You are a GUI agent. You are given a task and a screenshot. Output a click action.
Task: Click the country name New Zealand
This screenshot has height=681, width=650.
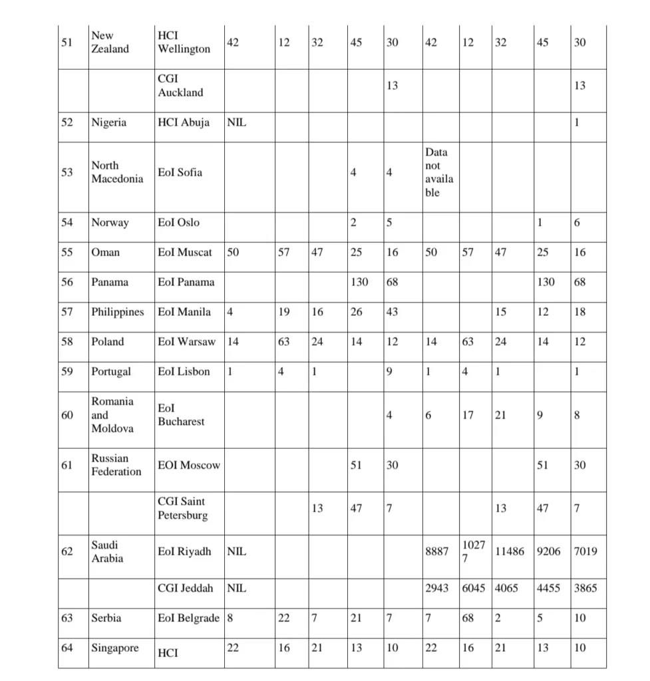click(x=110, y=43)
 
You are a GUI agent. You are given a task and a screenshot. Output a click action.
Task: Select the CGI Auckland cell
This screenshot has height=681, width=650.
click(x=180, y=86)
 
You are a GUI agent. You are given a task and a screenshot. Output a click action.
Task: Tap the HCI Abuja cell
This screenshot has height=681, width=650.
click(x=184, y=122)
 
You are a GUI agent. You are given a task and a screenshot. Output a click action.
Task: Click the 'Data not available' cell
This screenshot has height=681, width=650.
click(x=436, y=172)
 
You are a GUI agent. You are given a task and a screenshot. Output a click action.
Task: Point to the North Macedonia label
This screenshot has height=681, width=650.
click(x=117, y=172)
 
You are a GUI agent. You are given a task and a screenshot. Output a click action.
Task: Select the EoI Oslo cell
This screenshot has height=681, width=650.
click(x=178, y=222)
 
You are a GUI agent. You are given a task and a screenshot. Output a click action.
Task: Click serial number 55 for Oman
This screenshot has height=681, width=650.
click(x=67, y=252)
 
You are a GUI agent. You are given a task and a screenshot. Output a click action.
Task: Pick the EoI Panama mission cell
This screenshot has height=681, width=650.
click(x=186, y=282)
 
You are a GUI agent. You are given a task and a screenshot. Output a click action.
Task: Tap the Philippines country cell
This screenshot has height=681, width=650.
click(x=118, y=312)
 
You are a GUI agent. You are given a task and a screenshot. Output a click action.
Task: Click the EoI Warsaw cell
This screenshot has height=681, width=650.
click(x=187, y=342)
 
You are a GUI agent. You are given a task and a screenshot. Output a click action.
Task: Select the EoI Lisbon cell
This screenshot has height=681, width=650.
click(x=184, y=372)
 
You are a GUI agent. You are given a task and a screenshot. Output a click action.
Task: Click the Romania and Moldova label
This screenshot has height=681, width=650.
click(x=112, y=415)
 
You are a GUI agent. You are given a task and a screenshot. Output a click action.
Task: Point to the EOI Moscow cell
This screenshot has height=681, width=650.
click(x=189, y=466)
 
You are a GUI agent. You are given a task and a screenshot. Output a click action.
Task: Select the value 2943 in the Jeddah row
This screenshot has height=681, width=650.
click(x=436, y=588)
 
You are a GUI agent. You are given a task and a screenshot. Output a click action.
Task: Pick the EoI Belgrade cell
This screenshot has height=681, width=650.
click(x=188, y=618)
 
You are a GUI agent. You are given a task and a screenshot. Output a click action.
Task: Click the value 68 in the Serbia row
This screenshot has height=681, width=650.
click(x=468, y=618)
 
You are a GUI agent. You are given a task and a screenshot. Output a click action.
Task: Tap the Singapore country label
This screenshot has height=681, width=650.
click(x=115, y=648)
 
